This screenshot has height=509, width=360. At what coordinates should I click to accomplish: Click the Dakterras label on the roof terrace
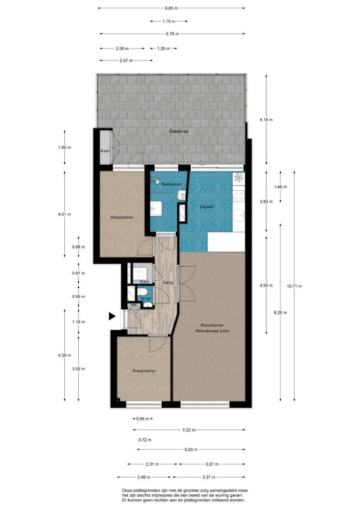(179, 132)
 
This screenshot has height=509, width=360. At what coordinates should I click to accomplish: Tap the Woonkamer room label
(212, 325)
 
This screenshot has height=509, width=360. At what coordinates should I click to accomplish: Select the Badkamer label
(172, 184)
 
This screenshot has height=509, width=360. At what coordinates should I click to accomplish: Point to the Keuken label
(207, 206)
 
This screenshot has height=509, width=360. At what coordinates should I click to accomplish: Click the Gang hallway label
(167, 282)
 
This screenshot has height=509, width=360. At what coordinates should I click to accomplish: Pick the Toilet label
(146, 298)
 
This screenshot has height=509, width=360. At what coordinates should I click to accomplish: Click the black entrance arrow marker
(112, 316)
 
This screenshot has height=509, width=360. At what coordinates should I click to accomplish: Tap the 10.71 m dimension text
(294, 286)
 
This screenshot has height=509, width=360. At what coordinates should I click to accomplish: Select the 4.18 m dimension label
(267, 120)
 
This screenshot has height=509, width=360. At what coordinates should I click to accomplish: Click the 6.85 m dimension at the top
(171, 8)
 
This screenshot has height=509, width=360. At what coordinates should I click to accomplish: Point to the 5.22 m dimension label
(189, 430)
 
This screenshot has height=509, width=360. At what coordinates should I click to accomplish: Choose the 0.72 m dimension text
(145, 440)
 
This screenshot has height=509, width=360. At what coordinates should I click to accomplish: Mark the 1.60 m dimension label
(64, 147)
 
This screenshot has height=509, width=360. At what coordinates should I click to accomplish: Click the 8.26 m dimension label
(280, 312)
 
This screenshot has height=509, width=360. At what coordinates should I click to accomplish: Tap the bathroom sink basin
(156, 208)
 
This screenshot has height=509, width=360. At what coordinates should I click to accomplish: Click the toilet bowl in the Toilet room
(148, 304)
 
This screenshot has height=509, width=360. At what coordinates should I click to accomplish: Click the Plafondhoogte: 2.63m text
(212, 331)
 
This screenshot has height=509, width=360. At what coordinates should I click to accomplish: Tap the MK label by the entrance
(134, 305)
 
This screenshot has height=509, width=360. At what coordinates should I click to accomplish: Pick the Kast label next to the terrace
(105, 151)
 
